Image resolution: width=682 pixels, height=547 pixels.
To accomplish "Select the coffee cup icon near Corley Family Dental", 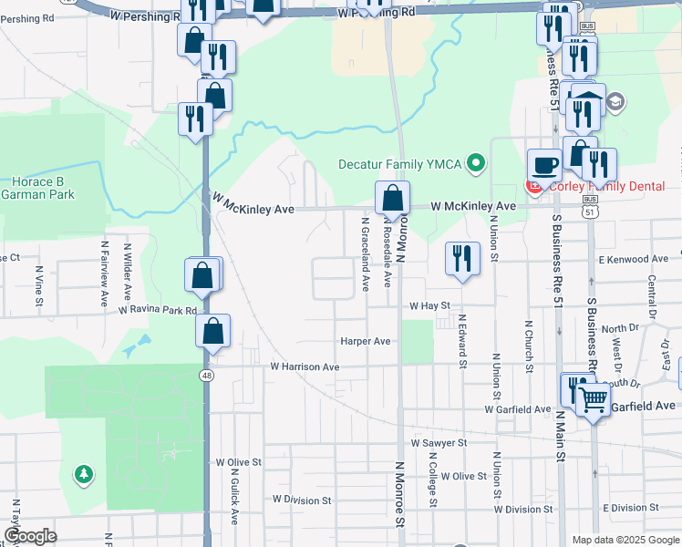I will coord(545,164).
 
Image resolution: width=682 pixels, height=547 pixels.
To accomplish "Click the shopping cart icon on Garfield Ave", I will coord(593,398).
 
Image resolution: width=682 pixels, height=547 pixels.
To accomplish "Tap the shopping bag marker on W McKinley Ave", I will coord(392,197).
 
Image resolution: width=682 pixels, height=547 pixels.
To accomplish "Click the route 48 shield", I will coord(208,375).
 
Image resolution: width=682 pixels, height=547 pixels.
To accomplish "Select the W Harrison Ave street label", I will coord(305,366).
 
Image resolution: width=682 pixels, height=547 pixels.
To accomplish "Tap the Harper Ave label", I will coord(365,341).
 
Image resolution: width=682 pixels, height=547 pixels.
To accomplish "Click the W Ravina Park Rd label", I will coord(158,311).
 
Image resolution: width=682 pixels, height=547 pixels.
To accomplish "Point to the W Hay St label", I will coord(430,306).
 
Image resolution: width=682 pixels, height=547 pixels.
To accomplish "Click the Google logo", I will coord(30,536).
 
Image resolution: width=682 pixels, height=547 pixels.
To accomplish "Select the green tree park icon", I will coord(84,474).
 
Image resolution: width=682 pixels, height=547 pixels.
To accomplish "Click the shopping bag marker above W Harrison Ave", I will coord(212,331).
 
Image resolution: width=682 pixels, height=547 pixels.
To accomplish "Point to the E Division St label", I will coord(630,508).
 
